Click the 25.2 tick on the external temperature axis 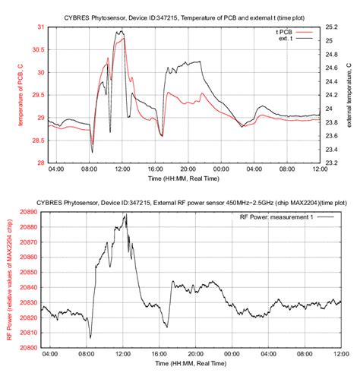coord(330,27)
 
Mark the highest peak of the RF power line coord(125,214)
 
